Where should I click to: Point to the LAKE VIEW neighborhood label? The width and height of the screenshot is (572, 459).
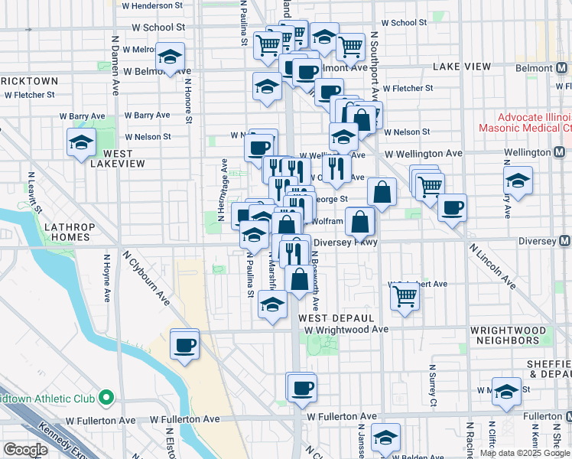tap(461, 67)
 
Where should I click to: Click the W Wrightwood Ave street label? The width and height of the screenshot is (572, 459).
tap(346, 330)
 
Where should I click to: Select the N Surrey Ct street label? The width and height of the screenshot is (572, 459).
tap(432, 391)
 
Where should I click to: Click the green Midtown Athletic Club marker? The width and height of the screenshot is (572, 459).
tap(106, 398)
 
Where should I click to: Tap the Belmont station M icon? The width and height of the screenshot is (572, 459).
tap(562, 67)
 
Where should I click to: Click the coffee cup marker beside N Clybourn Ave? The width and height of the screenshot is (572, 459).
tap(184, 346)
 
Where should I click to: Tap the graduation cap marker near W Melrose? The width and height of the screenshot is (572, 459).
tap(170, 57)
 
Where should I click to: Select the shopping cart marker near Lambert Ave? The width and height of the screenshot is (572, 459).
tap(405, 295)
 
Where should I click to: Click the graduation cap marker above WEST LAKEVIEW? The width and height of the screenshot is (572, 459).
tap(80, 142)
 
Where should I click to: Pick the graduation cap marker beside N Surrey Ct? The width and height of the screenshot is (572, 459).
tap(505, 392)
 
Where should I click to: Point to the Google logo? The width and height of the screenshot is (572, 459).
tap(25, 450)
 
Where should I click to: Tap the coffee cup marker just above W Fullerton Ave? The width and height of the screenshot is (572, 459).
tap(302, 387)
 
